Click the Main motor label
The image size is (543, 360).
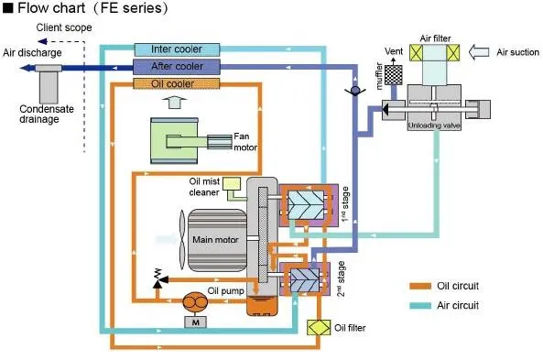click(216, 241)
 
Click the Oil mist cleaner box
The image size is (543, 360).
click(231, 184)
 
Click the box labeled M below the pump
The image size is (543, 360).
click(194, 323)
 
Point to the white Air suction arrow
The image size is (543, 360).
click(475, 52)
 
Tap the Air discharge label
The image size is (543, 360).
click(32, 53)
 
